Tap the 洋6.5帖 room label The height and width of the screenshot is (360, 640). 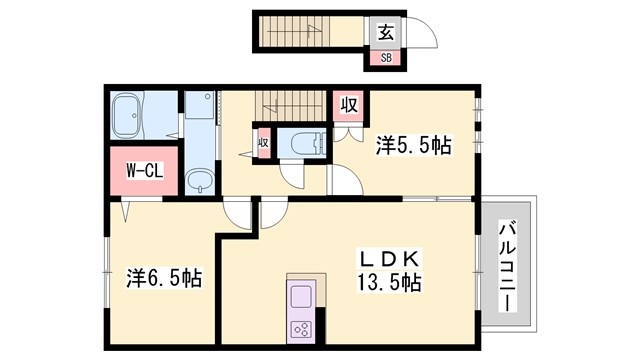162,276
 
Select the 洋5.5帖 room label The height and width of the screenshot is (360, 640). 413,145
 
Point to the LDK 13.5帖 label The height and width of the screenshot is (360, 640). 386,269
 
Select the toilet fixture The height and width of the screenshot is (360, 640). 300,142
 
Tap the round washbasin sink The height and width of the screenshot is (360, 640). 201,181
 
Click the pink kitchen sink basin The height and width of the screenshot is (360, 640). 302,297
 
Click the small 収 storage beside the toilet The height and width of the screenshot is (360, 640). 263,142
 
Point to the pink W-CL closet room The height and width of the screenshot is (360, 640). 138,171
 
